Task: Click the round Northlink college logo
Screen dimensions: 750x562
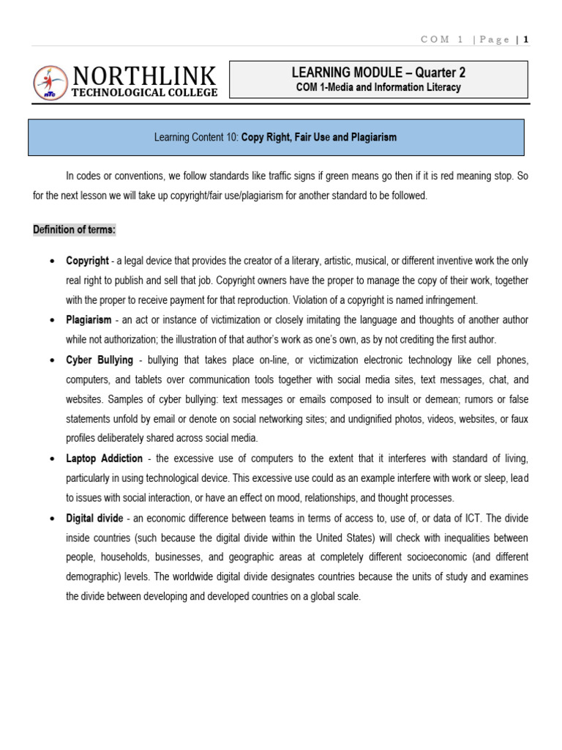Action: tap(50, 82)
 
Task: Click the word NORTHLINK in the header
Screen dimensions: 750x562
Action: tap(144, 75)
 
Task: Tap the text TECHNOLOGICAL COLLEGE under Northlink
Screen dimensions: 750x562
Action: tap(144, 92)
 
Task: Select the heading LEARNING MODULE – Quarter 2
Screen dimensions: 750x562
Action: tap(378, 73)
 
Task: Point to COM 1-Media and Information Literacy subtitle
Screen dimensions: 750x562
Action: tap(378, 88)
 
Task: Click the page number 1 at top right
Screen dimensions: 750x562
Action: tap(525, 40)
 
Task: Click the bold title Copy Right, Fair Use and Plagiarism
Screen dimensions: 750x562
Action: tap(319, 138)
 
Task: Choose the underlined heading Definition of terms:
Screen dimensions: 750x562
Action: tap(75, 230)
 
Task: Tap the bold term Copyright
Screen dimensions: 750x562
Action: tap(87, 261)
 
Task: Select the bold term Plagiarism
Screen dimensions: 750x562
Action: tap(89, 320)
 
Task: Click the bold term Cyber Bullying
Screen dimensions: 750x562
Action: tap(100, 360)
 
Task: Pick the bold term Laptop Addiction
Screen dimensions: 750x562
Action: tap(104, 458)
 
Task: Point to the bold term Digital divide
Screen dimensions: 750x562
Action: tap(95, 518)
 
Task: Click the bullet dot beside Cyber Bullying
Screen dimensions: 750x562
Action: tap(50, 360)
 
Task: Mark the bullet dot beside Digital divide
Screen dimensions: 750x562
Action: tap(50, 519)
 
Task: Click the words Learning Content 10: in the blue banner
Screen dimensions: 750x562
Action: tap(197, 138)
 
